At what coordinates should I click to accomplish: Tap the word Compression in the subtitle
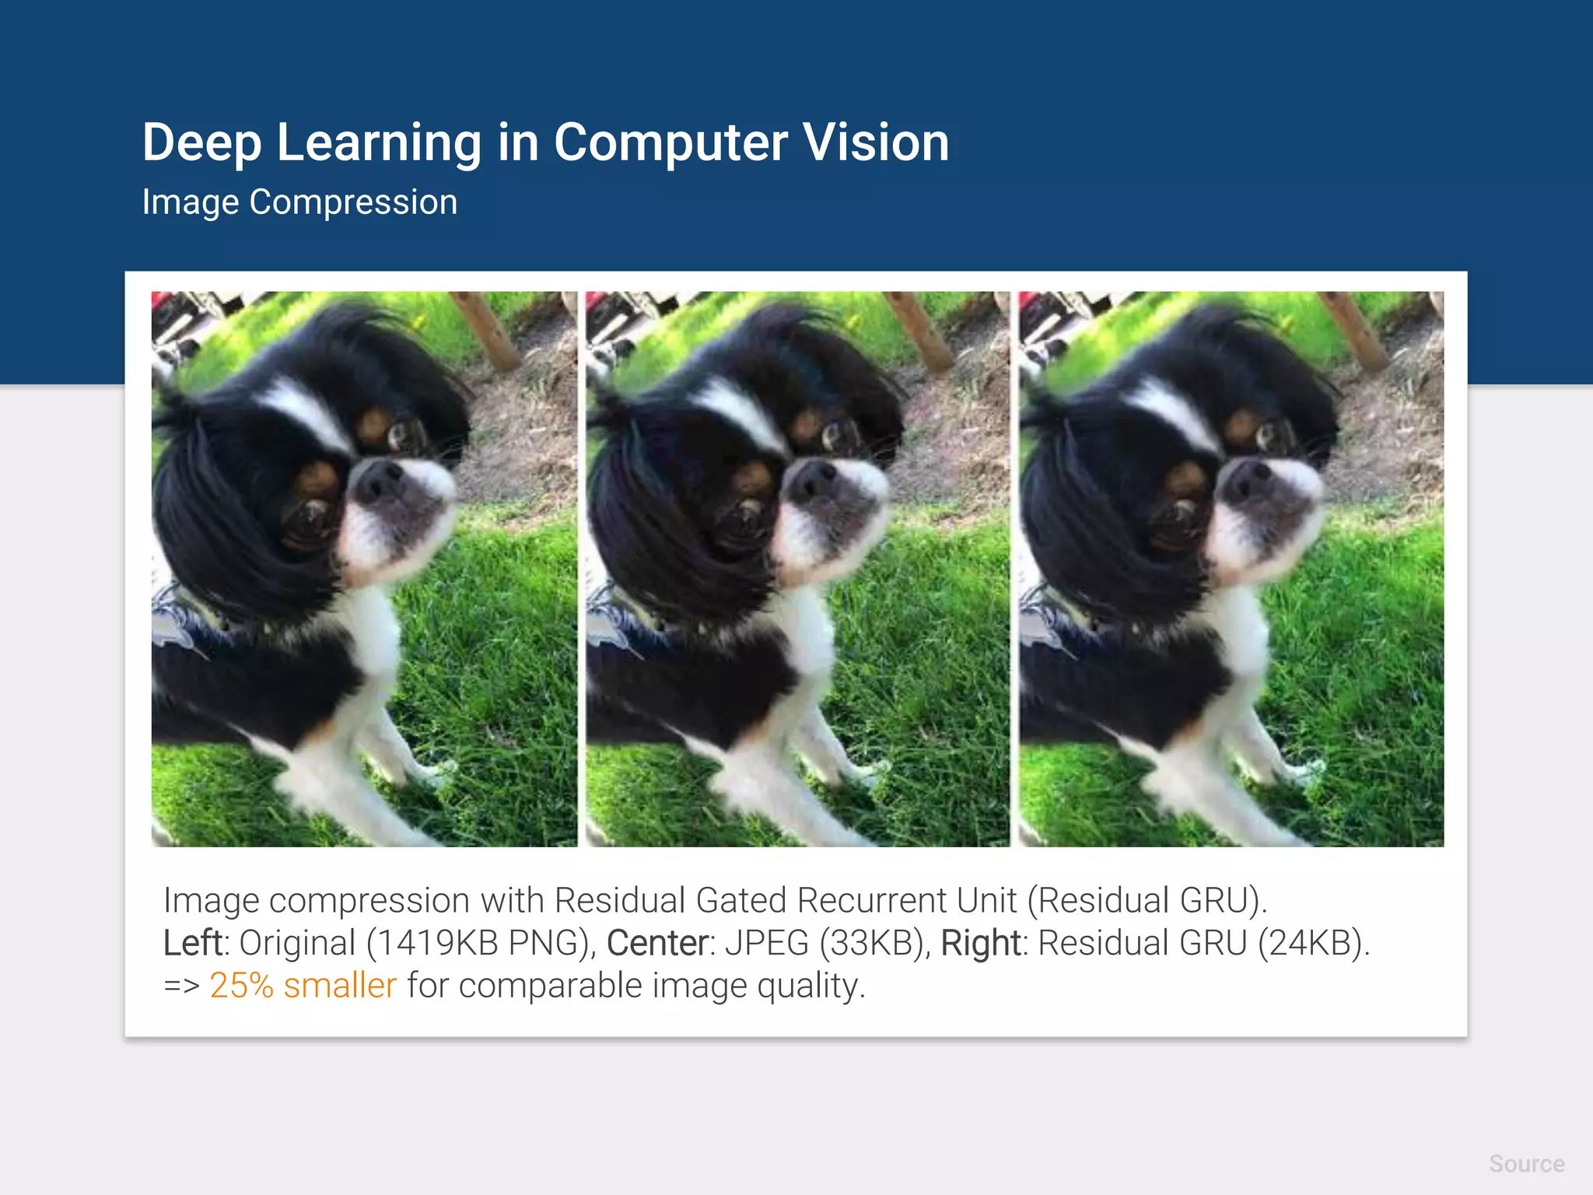[353, 202]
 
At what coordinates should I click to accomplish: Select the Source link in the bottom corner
[1526, 1164]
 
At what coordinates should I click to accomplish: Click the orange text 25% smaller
[303, 985]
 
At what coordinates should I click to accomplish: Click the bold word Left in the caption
[193, 943]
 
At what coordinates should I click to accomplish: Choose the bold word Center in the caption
[657, 943]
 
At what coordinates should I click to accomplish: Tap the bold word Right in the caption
[980, 943]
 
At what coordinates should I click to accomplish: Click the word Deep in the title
[201, 142]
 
